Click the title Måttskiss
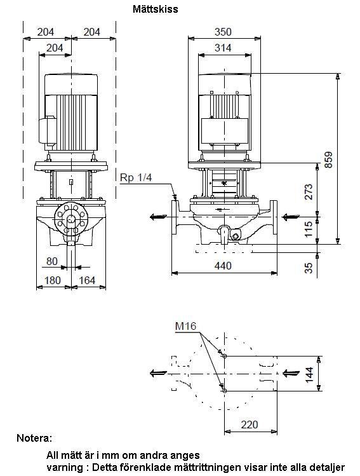pos(156,9)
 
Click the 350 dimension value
pos(223,32)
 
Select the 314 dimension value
pos(223,48)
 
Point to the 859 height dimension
pos(328,160)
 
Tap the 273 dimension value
pos(308,191)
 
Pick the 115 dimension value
pos(308,229)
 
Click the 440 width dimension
pos(223,266)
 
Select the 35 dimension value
pos(308,268)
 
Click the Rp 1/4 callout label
pos(136,177)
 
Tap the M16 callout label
pos(185,327)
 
